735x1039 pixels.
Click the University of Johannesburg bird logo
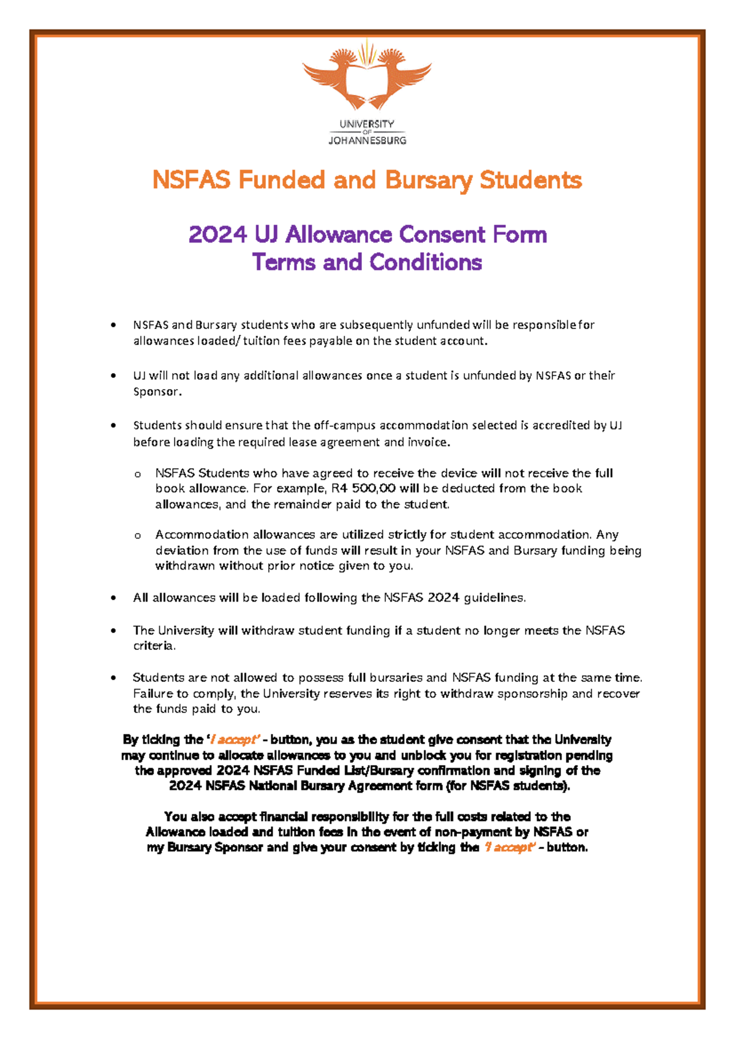367,77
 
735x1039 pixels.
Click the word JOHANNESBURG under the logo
367,141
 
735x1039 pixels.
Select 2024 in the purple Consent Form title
217,235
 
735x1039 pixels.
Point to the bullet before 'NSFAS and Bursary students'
113,325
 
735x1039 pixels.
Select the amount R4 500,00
363,489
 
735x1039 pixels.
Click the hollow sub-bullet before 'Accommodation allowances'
138,535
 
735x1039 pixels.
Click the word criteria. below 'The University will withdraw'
154,646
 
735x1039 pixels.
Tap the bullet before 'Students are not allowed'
113,678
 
